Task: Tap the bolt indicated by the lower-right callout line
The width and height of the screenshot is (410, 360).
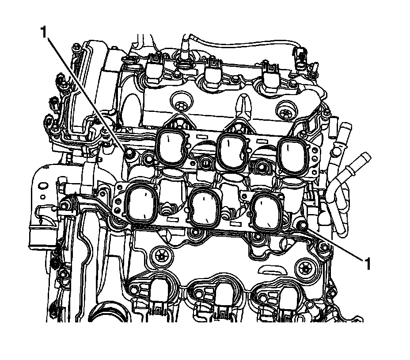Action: [302, 225]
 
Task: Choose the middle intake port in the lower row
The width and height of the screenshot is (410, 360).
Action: [205, 207]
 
